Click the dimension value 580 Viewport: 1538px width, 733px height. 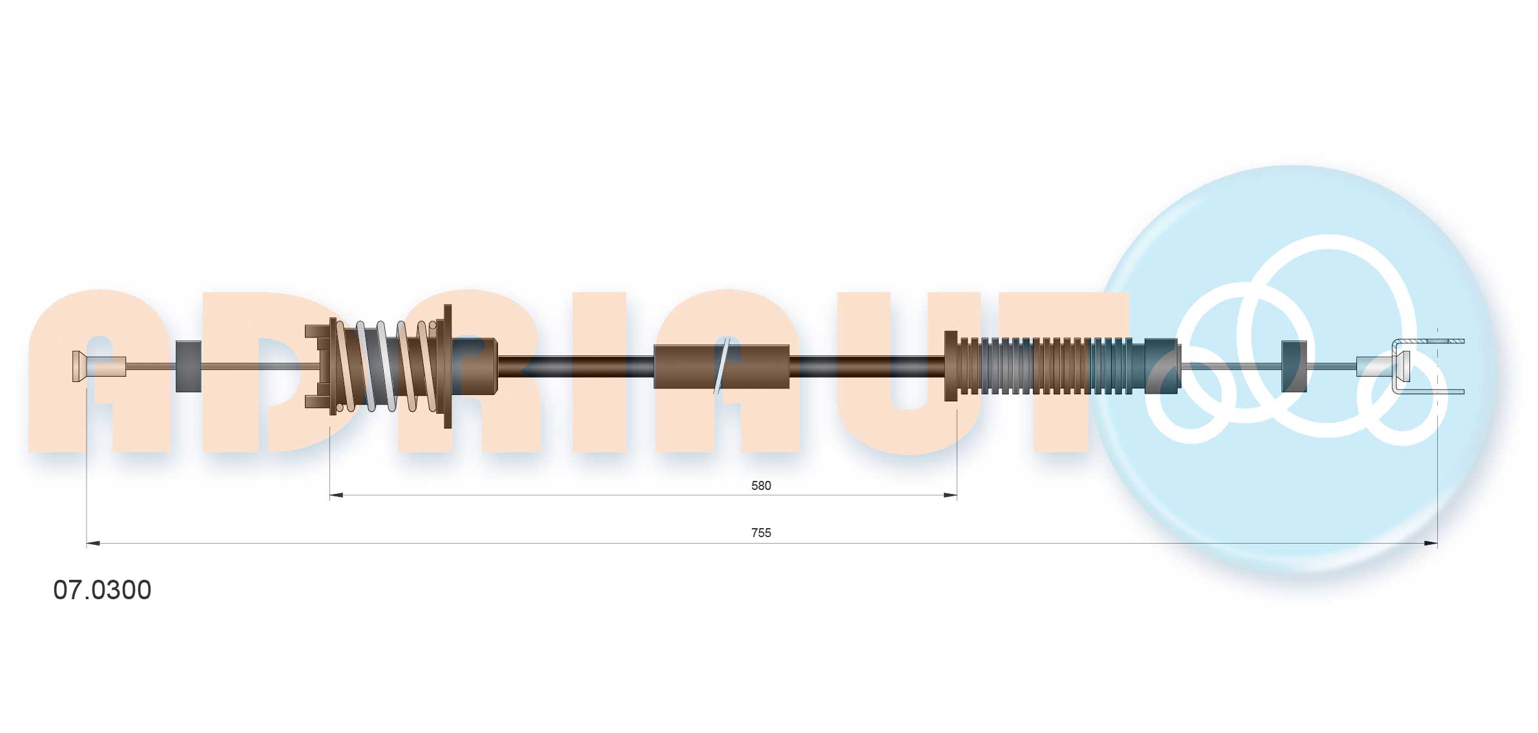760,485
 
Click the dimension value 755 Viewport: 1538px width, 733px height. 760,533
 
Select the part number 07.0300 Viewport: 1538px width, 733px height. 102,590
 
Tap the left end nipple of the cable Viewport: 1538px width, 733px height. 79,366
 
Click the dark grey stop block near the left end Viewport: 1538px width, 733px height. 188,366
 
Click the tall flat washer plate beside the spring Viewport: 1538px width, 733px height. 448,366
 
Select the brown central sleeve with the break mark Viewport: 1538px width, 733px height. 685,366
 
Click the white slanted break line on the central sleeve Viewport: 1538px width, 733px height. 722,366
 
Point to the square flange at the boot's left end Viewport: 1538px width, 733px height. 950,366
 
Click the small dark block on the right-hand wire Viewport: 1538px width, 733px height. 1293,366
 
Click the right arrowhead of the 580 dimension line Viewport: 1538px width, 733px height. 950,496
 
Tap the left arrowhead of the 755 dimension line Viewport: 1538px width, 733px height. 93,544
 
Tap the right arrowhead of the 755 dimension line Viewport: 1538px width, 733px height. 1431,544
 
